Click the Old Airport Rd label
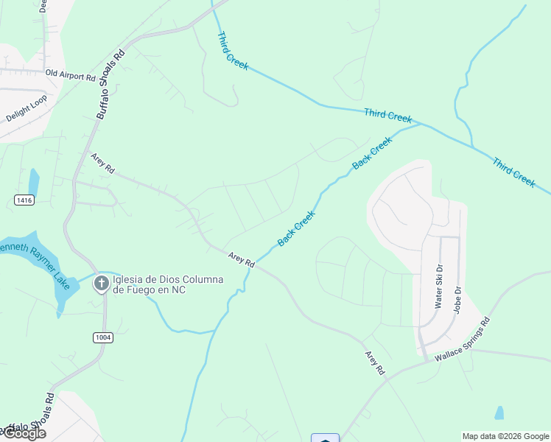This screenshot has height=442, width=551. point(71,75)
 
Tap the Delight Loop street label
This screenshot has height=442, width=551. point(26,108)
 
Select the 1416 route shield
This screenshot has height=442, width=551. point(24,200)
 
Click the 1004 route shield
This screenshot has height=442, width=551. point(103,337)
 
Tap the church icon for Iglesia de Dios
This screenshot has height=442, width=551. point(101,283)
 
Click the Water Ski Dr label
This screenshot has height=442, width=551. point(439,286)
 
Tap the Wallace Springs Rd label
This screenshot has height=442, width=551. point(462,340)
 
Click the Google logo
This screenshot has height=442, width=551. point(24,433)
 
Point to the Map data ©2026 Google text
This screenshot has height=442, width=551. point(505,436)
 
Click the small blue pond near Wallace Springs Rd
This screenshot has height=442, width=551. point(499,413)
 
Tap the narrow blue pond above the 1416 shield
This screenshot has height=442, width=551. point(33,182)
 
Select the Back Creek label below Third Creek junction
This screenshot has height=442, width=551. point(372,153)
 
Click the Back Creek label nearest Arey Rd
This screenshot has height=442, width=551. point(296,228)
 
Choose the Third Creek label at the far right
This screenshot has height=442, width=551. point(513,172)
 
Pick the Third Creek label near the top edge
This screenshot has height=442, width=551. point(233,51)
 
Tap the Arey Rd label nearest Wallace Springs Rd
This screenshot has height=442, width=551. point(375,363)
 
